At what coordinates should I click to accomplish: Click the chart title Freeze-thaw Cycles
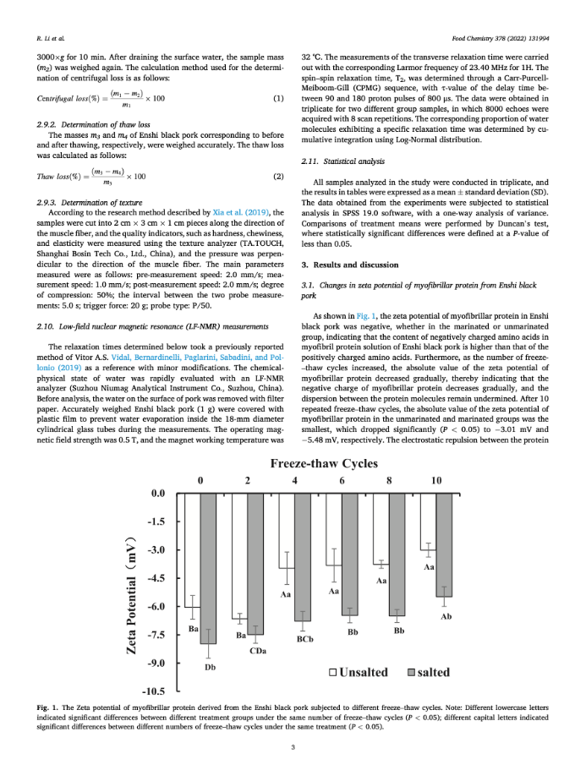[x=329, y=463]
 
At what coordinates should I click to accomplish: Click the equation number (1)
[x=278, y=99]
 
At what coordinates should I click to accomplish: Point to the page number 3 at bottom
[x=293, y=746]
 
